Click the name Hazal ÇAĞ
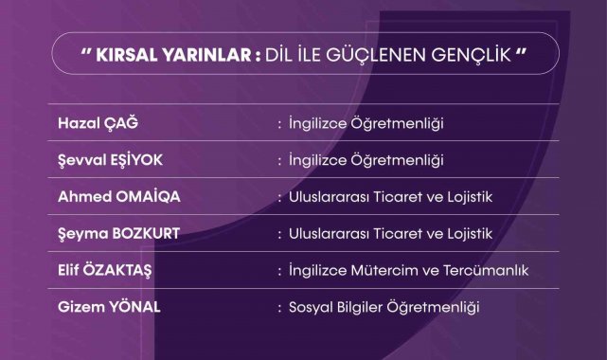(98, 122)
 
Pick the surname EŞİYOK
(136, 159)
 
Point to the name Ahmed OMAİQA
(119, 196)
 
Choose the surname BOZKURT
(146, 233)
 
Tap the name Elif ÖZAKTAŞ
(105, 270)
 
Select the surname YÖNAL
(134, 307)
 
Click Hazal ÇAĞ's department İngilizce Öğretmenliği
(366, 123)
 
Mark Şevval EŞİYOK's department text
(366, 160)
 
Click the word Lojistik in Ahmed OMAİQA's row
(470, 197)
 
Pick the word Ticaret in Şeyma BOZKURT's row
(397, 234)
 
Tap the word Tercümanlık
(486, 270)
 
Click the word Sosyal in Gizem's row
(311, 307)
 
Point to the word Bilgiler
(360, 307)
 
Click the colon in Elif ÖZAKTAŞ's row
(279, 271)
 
